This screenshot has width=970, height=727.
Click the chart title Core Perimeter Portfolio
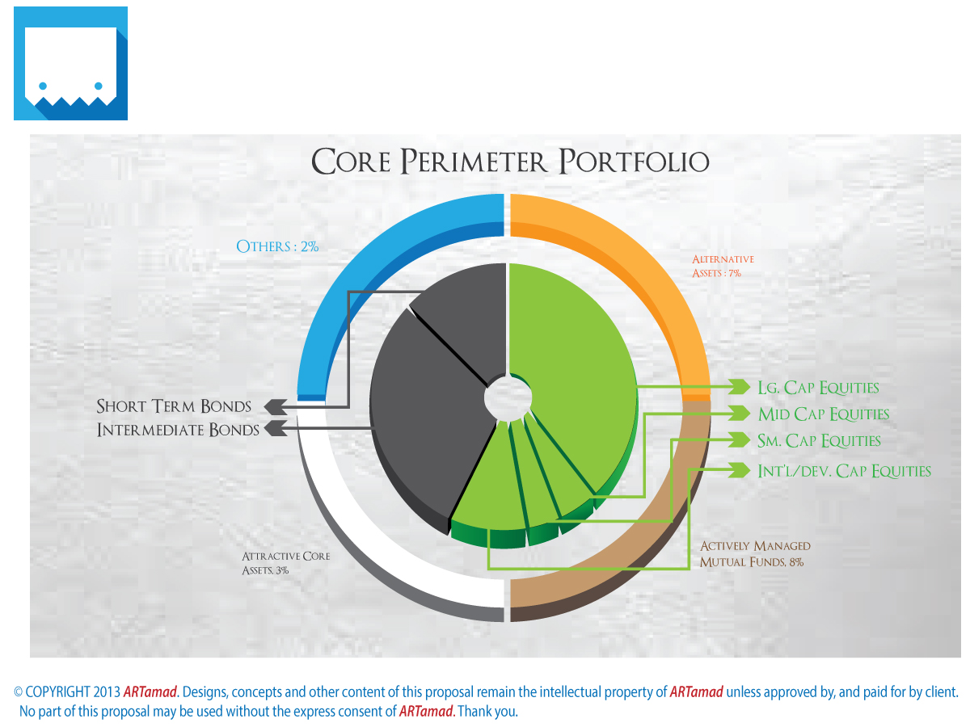pyautogui.click(x=510, y=161)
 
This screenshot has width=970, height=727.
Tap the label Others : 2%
pyautogui.click(x=277, y=246)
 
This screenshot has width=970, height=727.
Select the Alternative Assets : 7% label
pyautogui.click(x=723, y=266)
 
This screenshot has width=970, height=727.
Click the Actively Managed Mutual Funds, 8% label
pyautogui.click(x=755, y=553)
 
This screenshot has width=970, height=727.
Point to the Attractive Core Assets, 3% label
pyautogui.click(x=285, y=563)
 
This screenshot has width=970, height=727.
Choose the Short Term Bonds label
pyautogui.click(x=174, y=406)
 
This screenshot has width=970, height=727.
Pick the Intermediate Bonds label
pyautogui.click(x=178, y=430)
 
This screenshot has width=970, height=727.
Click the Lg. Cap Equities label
pyautogui.click(x=818, y=388)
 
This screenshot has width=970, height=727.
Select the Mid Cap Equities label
pyautogui.click(x=823, y=414)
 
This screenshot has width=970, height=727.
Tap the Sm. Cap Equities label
pyautogui.click(x=819, y=441)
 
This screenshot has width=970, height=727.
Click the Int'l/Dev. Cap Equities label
pyautogui.click(x=844, y=471)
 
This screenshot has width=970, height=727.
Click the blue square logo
pyautogui.click(x=70, y=63)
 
